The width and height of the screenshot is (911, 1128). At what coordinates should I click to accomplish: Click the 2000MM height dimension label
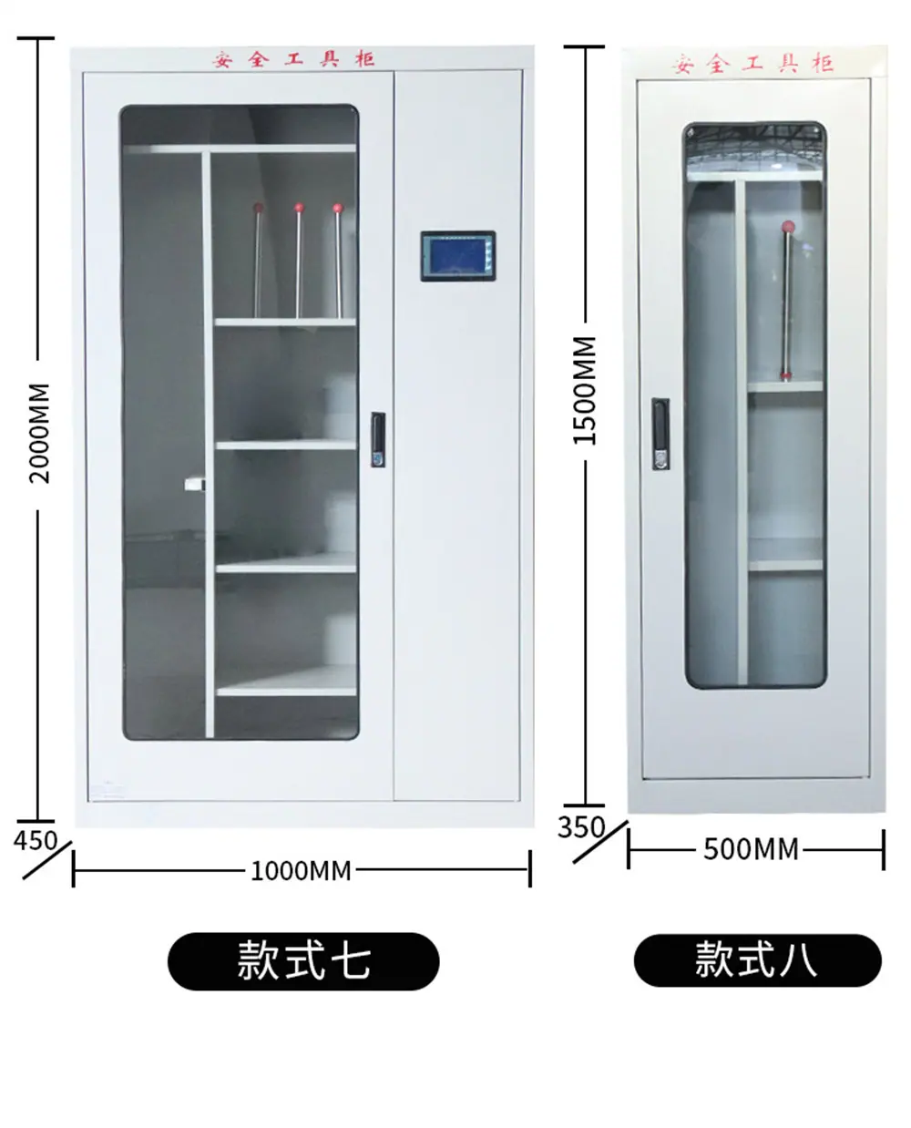pyautogui.click(x=39, y=433)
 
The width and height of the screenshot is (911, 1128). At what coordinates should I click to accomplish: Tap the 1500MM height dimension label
pyautogui.click(x=585, y=390)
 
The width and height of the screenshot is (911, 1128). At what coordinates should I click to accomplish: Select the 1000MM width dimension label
pyautogui.click(x=301, y=871)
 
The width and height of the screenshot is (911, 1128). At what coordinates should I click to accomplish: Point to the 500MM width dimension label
pyautogui.click(x=751, y=849)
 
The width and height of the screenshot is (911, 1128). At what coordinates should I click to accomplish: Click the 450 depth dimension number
pyautogui.click(x=35, y=840)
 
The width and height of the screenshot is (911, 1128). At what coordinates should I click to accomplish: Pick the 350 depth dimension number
pyautogui.click(x=580, y=827)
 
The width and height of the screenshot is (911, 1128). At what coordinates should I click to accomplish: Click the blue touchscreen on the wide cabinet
pyautogui.click(x=458, y=256)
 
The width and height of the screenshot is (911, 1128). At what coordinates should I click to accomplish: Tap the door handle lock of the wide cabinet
pyautogui.click(x=378, y=439)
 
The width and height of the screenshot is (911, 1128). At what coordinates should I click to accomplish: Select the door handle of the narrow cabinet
pyautogui.click(x=660, y=434)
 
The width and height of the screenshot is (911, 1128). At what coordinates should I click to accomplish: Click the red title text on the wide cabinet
pyautogui.click(x=293, y=59)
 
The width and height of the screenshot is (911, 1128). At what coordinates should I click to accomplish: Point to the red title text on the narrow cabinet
pyautogui.click(x=753, y=64)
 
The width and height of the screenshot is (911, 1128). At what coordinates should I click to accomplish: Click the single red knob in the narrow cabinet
pyautogui.click(x=788, y=227)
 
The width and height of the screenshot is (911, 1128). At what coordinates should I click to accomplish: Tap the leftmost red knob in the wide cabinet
pyautogui.click(x=258, y=207)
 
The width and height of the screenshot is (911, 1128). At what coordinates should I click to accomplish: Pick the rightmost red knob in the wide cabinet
pyautogui.click(x=338, y=208)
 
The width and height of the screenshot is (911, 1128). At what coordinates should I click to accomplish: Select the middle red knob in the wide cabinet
pyautogui.click(x=299, y=207)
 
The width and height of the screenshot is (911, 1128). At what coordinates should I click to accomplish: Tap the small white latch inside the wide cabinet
pyautogui.click(x=195, y=484)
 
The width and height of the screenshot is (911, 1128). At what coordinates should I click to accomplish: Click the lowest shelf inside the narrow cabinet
pyautogui.click(x=785, y=565)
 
